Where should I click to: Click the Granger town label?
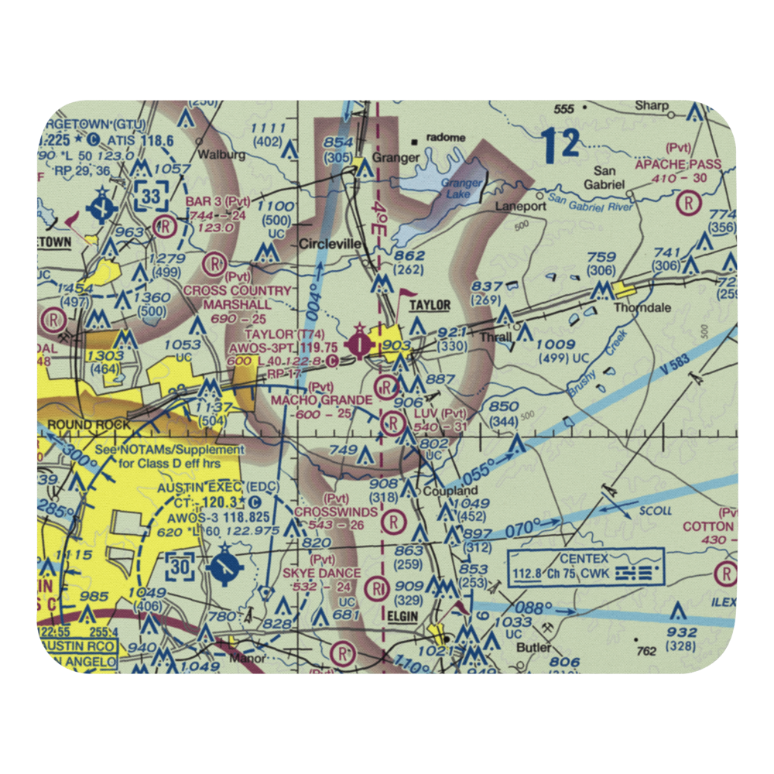(397, 157)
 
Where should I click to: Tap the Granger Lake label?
(461, 188)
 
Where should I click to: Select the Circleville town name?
(330, 244)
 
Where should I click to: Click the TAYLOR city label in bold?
(430, 306)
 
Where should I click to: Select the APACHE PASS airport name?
(677, 164)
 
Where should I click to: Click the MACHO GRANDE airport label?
(321, 399)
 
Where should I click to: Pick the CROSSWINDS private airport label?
(336, 512)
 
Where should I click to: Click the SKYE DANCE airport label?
(321, 573)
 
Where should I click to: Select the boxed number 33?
(150, 195)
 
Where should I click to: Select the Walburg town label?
(221, 154)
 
